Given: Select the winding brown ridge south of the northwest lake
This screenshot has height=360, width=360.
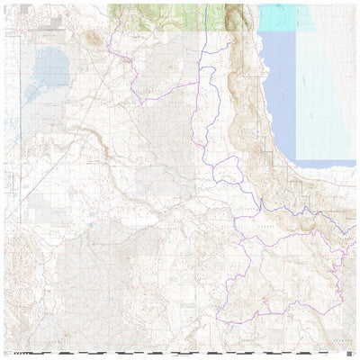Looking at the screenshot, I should (x=81, y=135).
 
